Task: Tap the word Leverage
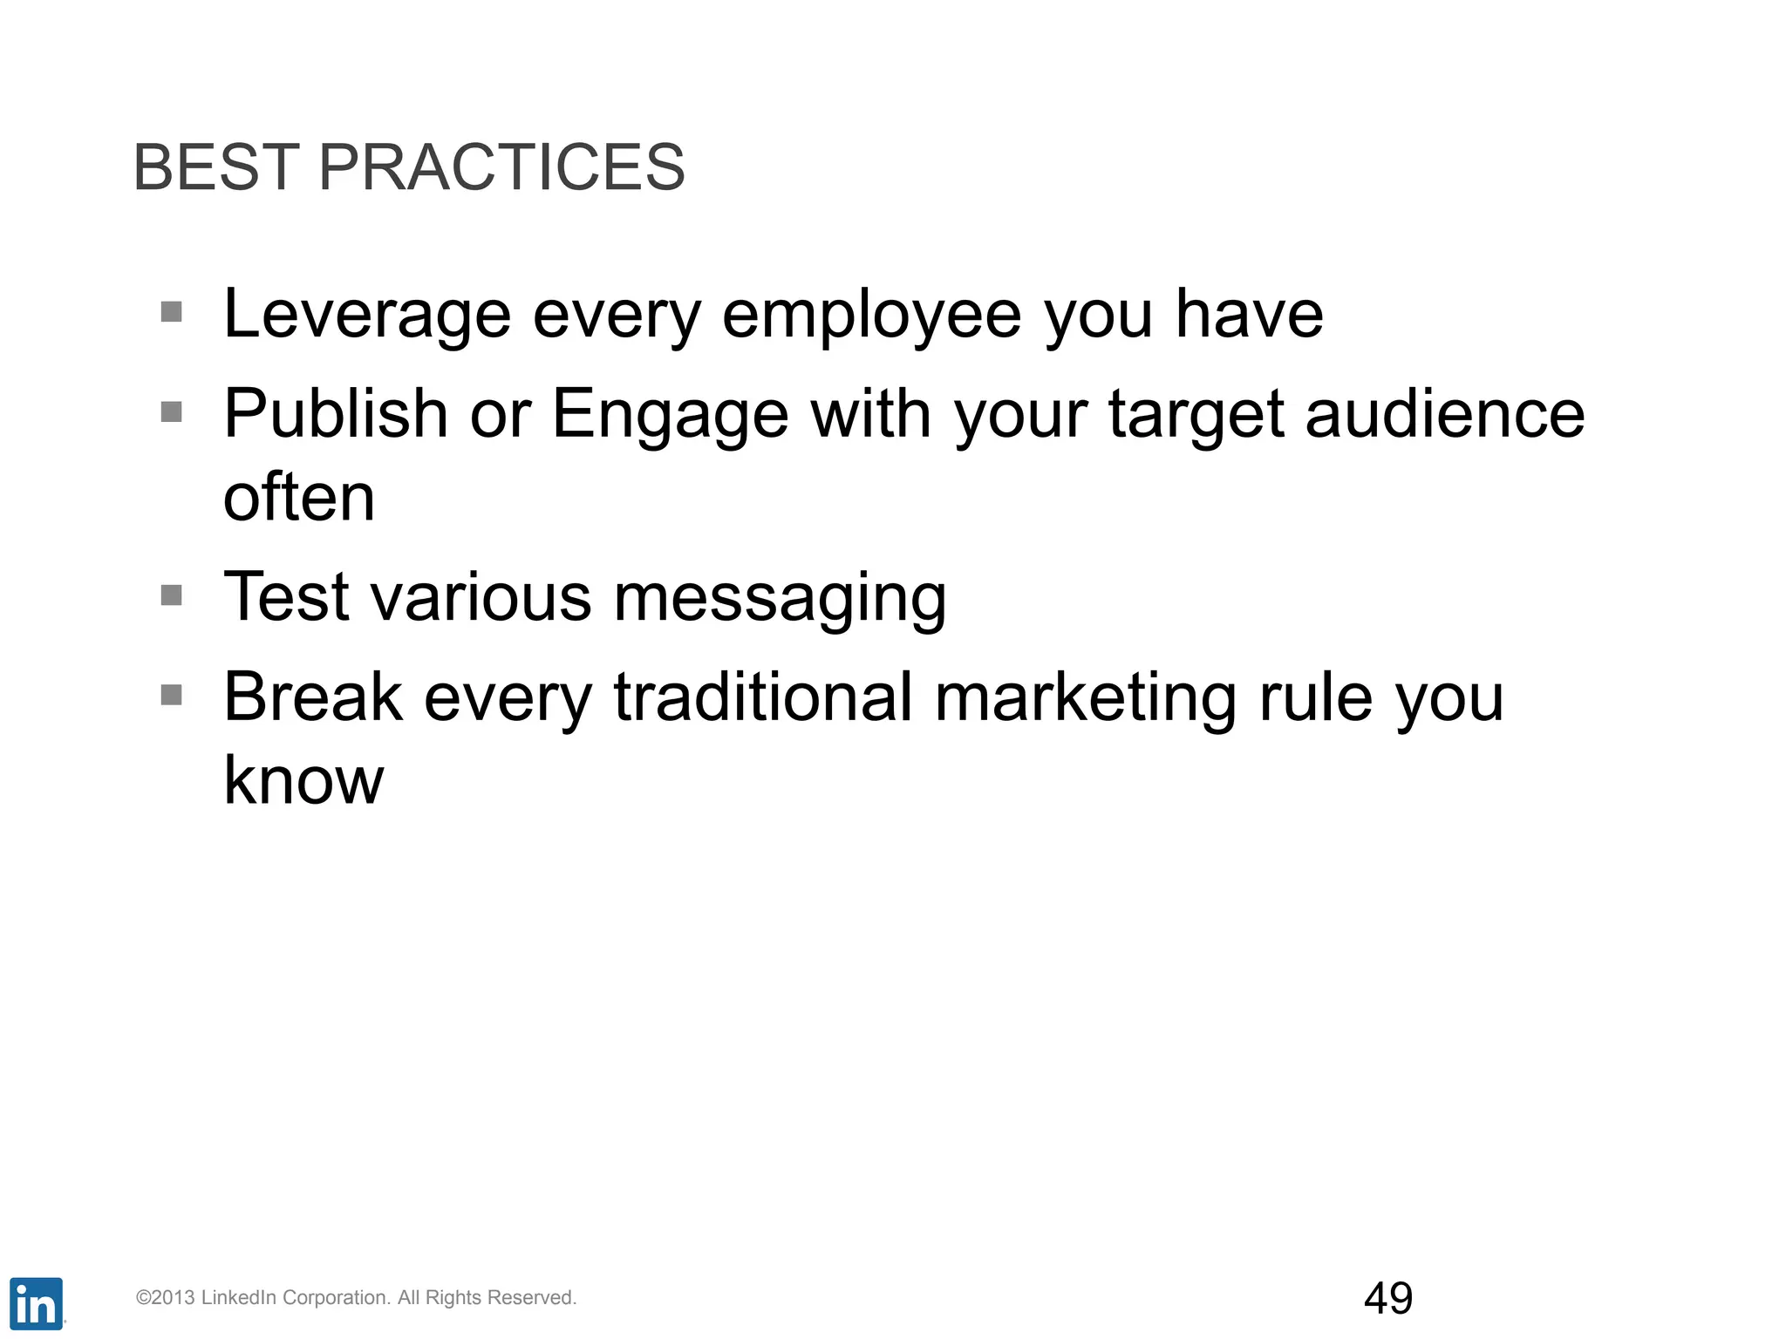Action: pos(366,315)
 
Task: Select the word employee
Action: pos(871,315)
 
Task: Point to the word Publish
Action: pos(336,413)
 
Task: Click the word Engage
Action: pos(670,415)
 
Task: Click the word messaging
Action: pos(780,600)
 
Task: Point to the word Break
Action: pos(313,697)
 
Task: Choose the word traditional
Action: pos(763,697)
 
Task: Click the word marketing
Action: pos(1085,698)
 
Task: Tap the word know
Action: pos(303,779)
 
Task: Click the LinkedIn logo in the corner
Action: pos(36,1304)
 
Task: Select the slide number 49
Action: pos(1387,1298)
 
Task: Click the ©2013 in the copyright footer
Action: pos(165,1298)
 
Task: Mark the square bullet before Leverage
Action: pos(172,311)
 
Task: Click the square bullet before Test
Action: pos(172,595)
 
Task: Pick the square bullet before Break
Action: pos(172,695)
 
